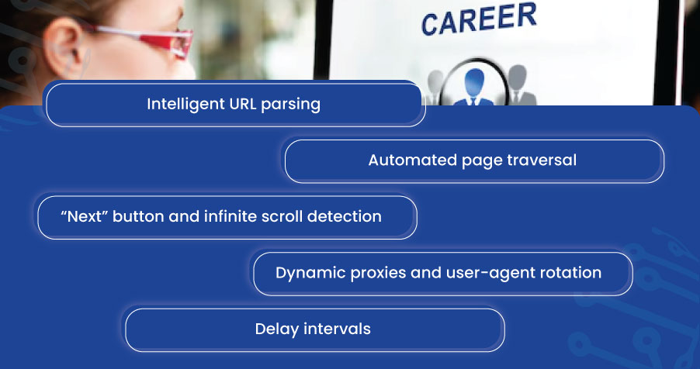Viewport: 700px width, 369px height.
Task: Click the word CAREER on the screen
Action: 478,19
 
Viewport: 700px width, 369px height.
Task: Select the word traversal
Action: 542,160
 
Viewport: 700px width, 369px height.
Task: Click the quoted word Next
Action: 84,216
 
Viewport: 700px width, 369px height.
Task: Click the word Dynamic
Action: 306,273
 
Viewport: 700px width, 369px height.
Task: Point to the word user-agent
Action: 480,274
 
